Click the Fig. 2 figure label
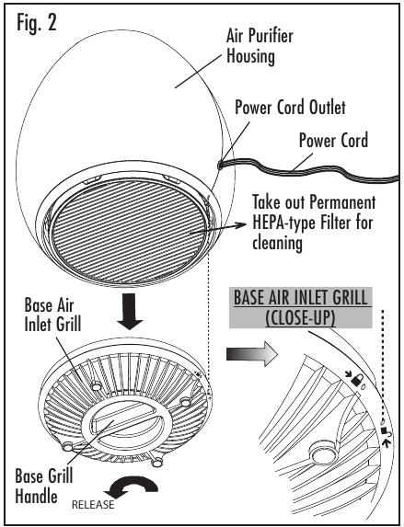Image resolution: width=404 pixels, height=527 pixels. [37, 24]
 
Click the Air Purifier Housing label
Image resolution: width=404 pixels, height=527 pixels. [260, 46]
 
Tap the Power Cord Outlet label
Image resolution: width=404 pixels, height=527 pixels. [290, 108]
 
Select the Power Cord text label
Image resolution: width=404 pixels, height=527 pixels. [333, 140]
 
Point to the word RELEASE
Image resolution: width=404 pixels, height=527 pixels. [93, 505]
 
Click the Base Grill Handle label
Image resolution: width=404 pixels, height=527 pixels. [44, 487]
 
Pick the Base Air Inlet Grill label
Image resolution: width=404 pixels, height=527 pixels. [52, 315]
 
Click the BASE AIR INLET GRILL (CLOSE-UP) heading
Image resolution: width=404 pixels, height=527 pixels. [300, 307]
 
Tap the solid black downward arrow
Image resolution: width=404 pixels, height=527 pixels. [130, 311]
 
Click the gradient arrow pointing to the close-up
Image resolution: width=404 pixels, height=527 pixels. [252, 354]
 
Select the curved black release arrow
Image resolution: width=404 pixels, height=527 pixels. [132, 486]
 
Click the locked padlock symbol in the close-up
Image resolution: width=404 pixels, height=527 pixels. [356, 380]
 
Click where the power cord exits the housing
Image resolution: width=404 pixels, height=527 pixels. [220, 165]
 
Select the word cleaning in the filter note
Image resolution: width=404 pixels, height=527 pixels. [277, 242]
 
